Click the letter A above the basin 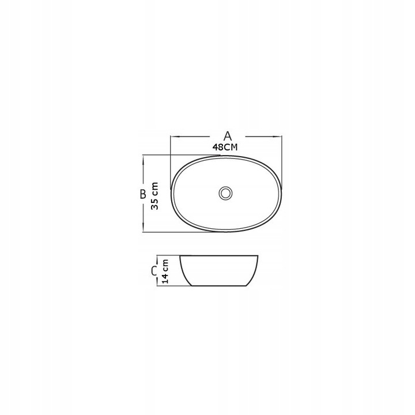point(227,136)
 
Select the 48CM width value point(225,147)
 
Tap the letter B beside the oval point(143,194)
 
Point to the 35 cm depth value point(154,196)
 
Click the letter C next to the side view point(154,271)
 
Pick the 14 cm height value point(165,271)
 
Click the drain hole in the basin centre point(225,193)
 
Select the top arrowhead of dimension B point(143,160)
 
